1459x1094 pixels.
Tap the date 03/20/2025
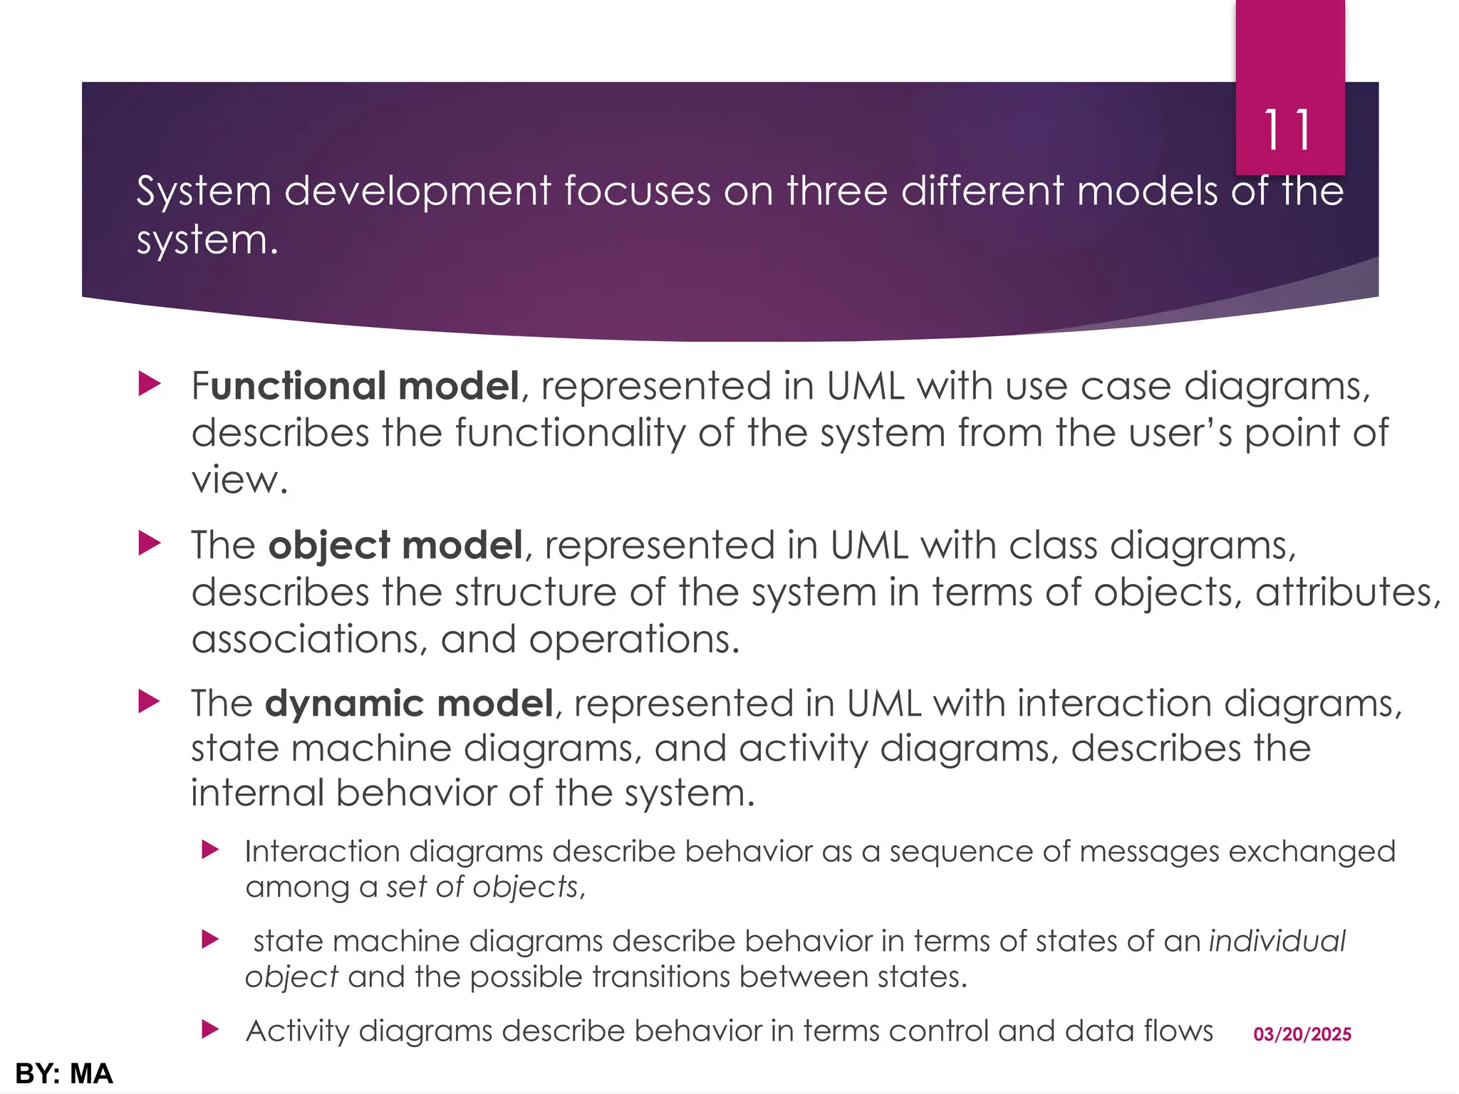point(1302,1034)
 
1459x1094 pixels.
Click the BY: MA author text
point(63,1073)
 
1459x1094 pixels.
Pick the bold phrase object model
point(395,546)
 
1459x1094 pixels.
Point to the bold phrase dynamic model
point(409,704)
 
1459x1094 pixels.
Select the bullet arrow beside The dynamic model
point(150,702)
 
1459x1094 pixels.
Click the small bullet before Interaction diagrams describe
point(209,850)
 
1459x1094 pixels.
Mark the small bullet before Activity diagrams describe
point(209,1029)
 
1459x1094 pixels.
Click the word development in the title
point(417,192)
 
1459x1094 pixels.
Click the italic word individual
point(1277,941)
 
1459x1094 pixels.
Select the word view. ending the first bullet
point(239,479)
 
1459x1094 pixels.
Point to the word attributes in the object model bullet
point(1347,593)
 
